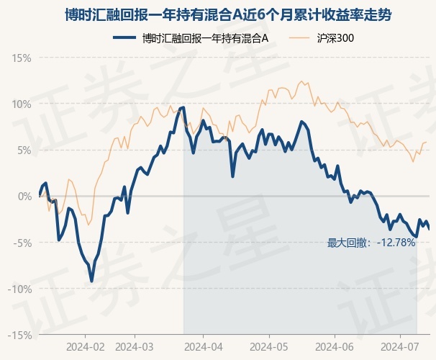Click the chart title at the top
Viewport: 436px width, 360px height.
(x=228, y=14)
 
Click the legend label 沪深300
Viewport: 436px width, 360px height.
(x=335, y=38)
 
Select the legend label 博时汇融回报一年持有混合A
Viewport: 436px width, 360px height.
(x=205, y=38)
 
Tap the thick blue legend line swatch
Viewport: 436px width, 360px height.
(x=124, y=38)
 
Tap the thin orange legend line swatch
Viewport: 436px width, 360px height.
(x=299, y=38)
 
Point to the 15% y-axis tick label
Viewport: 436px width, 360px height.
(x=22, y=58)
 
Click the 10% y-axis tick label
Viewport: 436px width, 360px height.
(x=22, y=104)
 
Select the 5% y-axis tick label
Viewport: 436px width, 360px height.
(x=24, y=150)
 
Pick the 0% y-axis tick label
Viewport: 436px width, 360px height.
(x=24, y=197)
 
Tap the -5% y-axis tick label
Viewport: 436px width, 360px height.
(x=22, y=243)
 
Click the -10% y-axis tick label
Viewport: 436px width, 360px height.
(x=19, y=289)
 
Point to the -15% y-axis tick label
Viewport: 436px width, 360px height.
(x=19, y=336)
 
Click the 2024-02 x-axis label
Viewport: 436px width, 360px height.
(x=86, y=347)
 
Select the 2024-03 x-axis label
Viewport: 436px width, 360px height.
(x=135, y=347)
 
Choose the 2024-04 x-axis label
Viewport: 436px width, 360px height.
(x=204, y=347)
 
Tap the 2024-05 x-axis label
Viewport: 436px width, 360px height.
(x=269, y=347)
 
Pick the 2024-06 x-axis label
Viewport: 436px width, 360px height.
(x=335, y=347)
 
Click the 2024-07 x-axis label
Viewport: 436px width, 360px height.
(x=400, y=347)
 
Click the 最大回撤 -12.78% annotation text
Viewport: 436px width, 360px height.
(x=371, y=243)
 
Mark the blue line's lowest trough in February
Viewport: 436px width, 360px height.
(x=92, y=282)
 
